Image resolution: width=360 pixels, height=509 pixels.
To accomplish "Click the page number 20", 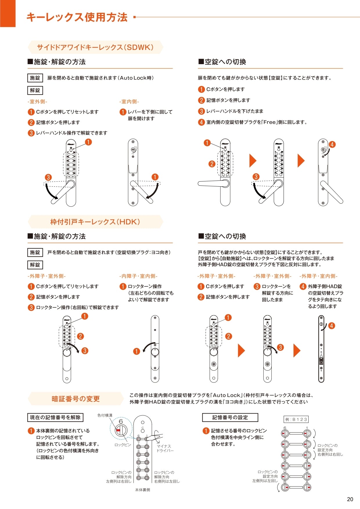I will pyautogui.click(x=350, y=499).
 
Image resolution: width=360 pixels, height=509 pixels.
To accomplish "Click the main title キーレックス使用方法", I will pyautogui.click(x=77, y=17).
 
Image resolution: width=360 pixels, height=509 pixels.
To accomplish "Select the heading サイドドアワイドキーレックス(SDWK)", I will pyautogui.click(x=95, y=47).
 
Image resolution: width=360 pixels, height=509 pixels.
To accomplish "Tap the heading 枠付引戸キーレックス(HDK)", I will pyautogui.click(x=95, y=222).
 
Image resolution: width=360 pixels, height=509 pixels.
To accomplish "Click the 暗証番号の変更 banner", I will pyautogui.click(x=75, y=399).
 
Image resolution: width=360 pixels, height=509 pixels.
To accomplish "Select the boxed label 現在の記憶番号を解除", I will pyautogui.click(x=55, y=417).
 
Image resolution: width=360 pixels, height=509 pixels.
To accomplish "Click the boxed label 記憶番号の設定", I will pyautogui.click(x=230, y=417).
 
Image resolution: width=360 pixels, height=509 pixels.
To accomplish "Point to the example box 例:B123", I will pyautogui.click(x=296, y=419).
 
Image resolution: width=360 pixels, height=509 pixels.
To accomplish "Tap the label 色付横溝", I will pyautogui.click(x=105, y=415).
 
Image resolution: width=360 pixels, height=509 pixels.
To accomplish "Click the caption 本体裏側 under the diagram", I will pyautogui.click(x=143, y=490).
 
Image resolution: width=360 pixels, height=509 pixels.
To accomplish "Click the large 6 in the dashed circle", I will pyautogui.click(x=121, y=421).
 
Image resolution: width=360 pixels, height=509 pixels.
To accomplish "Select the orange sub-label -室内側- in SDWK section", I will pyautogui.click(x=129, y=102).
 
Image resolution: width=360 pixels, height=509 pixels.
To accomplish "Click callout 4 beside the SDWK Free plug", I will pyautogui.click(x=332, y=144).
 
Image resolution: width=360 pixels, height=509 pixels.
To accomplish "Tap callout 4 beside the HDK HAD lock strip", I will pyautogui.click(x=331, y=326).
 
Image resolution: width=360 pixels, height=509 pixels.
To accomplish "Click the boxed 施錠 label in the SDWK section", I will pyautogui.click(x=35, y=78).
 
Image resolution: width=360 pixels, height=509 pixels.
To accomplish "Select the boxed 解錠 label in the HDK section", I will pyautogui.click(x=35, y=265).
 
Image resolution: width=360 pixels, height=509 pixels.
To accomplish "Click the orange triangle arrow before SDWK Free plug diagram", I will pyautogui.click(x=301, y=160).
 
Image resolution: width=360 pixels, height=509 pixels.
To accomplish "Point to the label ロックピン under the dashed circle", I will pyautogui.click(x=123, y=445).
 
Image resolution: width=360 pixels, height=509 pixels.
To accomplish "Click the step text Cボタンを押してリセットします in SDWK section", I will pyautogui.click(x=67, y=112).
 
